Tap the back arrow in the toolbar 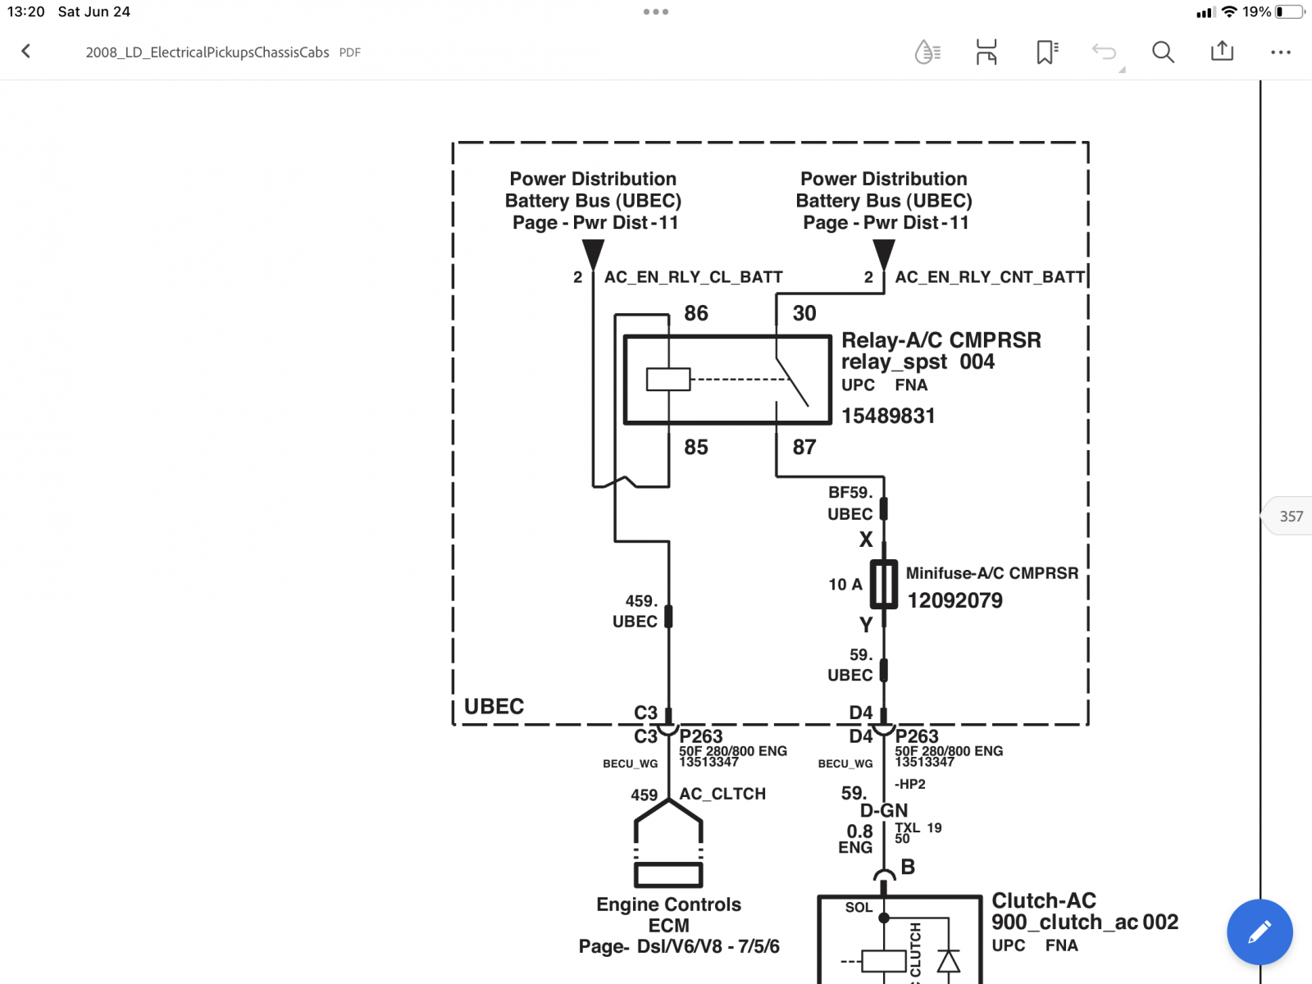pyautogui.click(x=25, y=52)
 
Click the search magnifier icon pyautogui.click(x=1163, y=52)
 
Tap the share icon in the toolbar pyautogui.click(x=1222, y=51)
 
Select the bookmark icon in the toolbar pyautogui.click(x=1046, y=52)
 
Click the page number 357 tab pyautogui.click(x=1291, y=517)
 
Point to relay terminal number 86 pyautogui.click(x=695, y=313)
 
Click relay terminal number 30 pyautogui.click(x=804, y=313)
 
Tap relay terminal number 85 pyautogui.click(x=695, y=447)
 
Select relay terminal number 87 pyautogui.click(x=804, y=447)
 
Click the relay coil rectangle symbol pyautogui.click(x=668, y=380)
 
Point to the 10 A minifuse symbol pyautogui.click(x=883, y=585)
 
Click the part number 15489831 pyautogui.click(x=888, y=416)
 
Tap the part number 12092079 pyautogui.click(x=954, y=600)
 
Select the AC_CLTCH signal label pyautogui.click(x=722, y=794)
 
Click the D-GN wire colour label pyautogui.click(x=883, y=810)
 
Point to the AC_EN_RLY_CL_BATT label pyautogui.click(x=694, y=277)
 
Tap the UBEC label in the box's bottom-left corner pyautogui.click(x=494, y=706)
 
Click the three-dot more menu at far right pyautogui.click(x=1280, y=52)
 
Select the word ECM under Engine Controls pyautogui.click(x=668, y=926)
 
